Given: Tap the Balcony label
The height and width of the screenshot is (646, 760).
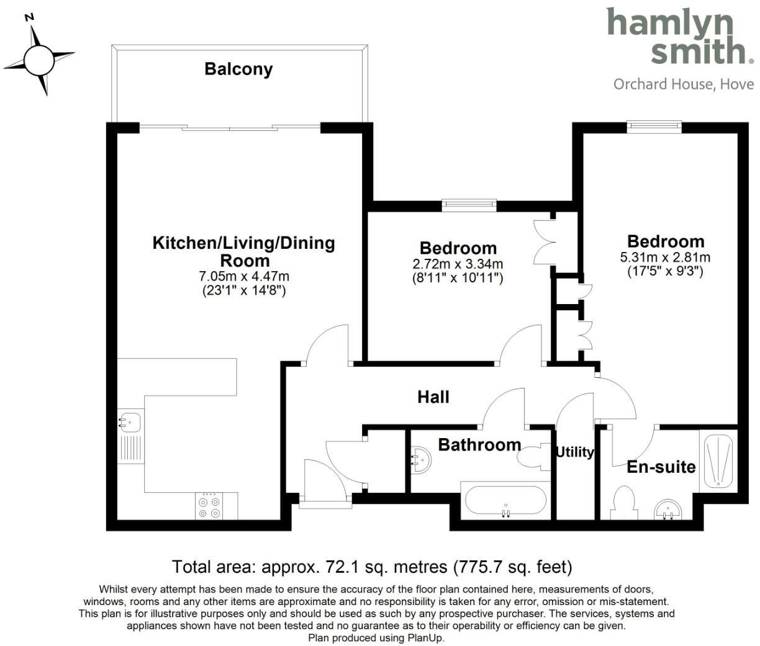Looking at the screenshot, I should pyautogui.click(x=238, y=69).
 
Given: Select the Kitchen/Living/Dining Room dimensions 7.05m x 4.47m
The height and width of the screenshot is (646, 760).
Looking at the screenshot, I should pyautogui.click(x=243, y=276).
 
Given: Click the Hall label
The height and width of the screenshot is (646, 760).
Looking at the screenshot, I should pyautogui.click(x=433, y=397).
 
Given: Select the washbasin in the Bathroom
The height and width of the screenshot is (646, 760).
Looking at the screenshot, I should pyautogui.click(x=420, y=460).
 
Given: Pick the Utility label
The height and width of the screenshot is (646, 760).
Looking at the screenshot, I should pyautogui.click(x=574, y=452).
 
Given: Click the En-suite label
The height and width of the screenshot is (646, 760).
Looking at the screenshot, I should pyautogui.click(x=661, y=467).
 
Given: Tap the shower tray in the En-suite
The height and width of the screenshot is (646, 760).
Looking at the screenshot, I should pyautogui.click(x=719, y=460).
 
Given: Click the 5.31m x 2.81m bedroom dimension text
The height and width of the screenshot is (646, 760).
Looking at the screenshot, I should pyautogui.click(x=666, y=258).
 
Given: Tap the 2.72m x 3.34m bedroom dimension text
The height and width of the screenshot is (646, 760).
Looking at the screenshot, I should pyautogui.click(x=458, y=264).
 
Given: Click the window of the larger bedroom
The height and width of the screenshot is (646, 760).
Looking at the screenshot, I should pyautogui.click(x=654, y=127).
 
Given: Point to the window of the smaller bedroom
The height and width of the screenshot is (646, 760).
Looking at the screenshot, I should pyautogui.click(x=469, y=204).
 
